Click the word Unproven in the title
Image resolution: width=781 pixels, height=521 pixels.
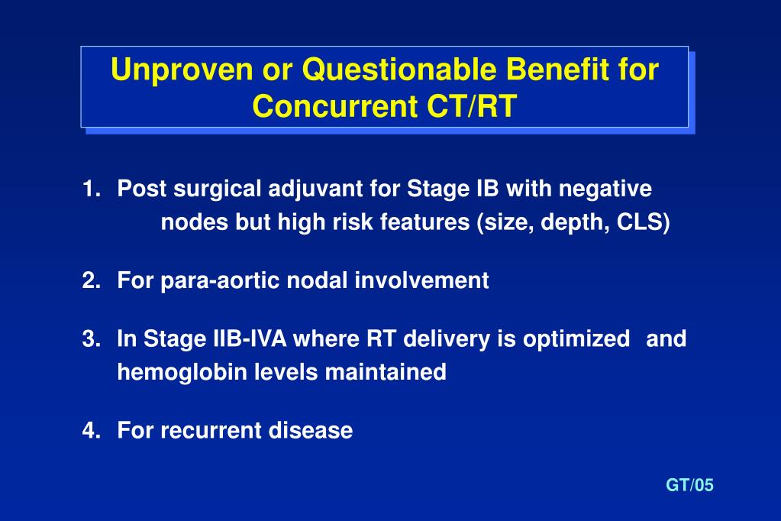pos(182,70)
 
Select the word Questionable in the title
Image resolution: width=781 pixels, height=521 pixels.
pos(399,70)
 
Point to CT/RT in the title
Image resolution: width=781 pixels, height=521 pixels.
pos(472,105)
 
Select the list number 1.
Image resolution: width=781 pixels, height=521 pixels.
pos(92,189)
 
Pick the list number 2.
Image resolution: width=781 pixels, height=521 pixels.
pos(92,280)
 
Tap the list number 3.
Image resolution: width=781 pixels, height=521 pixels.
pos(92,338)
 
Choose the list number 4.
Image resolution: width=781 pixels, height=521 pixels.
pos(92,430)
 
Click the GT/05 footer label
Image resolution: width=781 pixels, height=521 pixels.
pos(690,485)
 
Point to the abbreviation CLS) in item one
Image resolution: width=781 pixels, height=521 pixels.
pos(643,222)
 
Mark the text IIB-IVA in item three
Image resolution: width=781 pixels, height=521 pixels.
pos(250,338)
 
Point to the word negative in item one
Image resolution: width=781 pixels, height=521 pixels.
pos(605,189)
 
